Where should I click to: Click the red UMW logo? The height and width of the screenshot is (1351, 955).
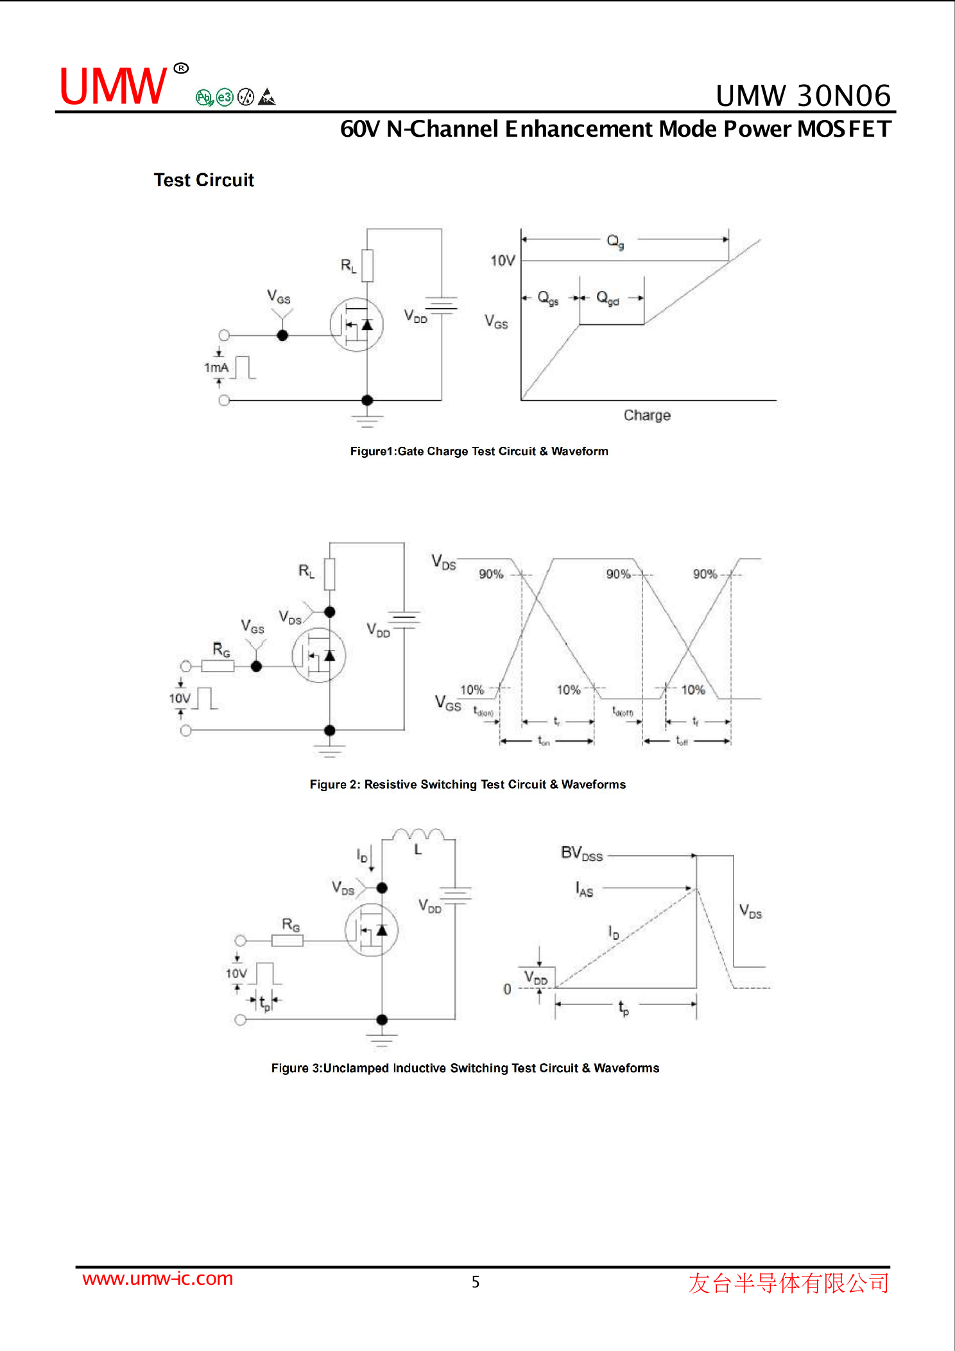(x=113, y=87)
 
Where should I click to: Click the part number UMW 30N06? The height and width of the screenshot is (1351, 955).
(x=803, y=96)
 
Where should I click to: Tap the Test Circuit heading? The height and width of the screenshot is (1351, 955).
(x=203, y=180)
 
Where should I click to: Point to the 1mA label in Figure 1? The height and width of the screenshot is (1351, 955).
(x=216, y=368)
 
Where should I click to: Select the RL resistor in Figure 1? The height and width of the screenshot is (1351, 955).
(x=367, y=265)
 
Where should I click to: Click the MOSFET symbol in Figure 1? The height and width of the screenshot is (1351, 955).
(x=356, y=325)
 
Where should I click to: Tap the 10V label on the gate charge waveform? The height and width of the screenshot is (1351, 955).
(x=503, y=261)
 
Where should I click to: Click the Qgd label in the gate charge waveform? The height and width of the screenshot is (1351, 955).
(x=607, y=298)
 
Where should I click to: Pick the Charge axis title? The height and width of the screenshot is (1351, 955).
(x=647, y=415)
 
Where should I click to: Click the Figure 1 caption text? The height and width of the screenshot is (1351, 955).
(x=479, y=451)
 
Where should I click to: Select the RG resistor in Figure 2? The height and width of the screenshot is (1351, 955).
(x=218, y=666)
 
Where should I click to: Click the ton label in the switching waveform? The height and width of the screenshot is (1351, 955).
(x=544, y=742)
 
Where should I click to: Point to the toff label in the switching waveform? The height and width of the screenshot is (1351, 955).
(x=682, y=742)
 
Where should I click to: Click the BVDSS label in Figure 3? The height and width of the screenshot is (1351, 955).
(x=581, y=853)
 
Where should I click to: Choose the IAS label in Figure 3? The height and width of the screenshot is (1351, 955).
(x=584, y=889)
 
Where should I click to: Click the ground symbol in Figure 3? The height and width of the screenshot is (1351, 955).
(x=382, y=1038)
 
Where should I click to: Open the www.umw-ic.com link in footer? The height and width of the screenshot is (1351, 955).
(x=157, y=1278)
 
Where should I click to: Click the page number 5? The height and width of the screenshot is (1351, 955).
(x=476, y=1282)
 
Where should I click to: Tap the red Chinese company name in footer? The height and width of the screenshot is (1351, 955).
(x=789, y=1283)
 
